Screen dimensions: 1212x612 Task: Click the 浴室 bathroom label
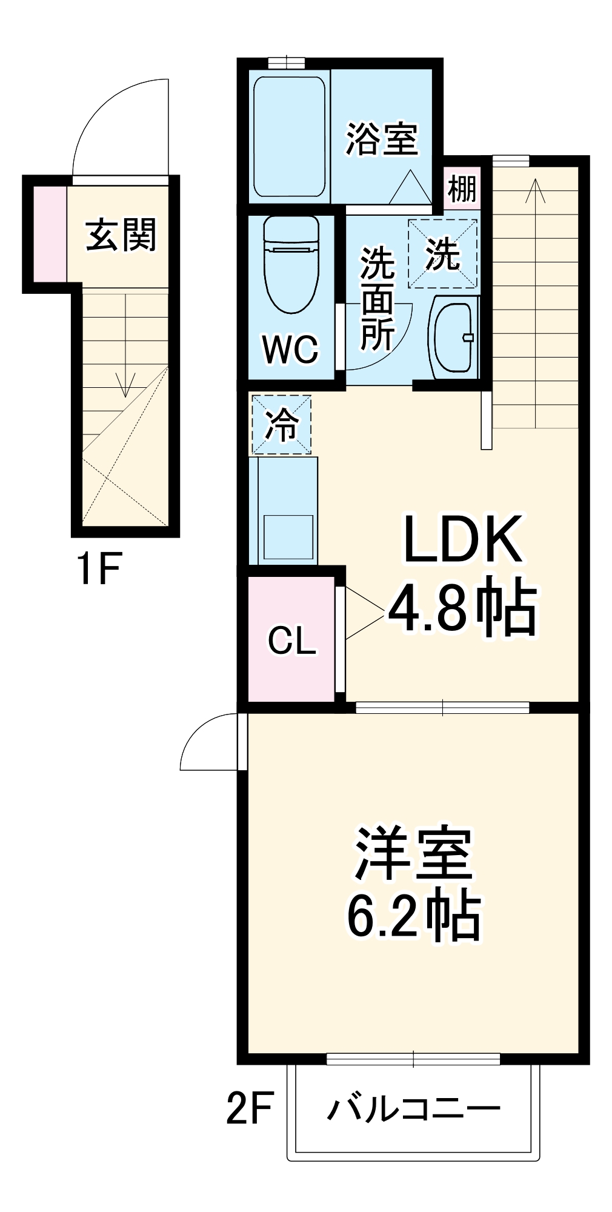point(381,139)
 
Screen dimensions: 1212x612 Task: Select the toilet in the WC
point(291,264)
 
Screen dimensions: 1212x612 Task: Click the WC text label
point(290,349)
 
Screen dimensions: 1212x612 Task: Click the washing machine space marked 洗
point(442,254)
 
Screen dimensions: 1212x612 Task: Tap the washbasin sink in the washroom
point(453,336)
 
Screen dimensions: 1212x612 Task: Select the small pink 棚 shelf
point(462,189)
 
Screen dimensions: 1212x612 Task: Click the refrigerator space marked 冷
point(282,424)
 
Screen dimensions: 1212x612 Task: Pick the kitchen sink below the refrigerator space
point(288,538)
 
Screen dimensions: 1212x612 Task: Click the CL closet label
point(292,640)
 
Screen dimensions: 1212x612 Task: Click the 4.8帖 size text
point(462,608)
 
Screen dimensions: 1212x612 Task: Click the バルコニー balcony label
point(414,1110)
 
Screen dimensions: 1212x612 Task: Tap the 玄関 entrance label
point(121,235)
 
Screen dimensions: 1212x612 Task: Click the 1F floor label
point(99,568)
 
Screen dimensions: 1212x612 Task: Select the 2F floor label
point(250,1107)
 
